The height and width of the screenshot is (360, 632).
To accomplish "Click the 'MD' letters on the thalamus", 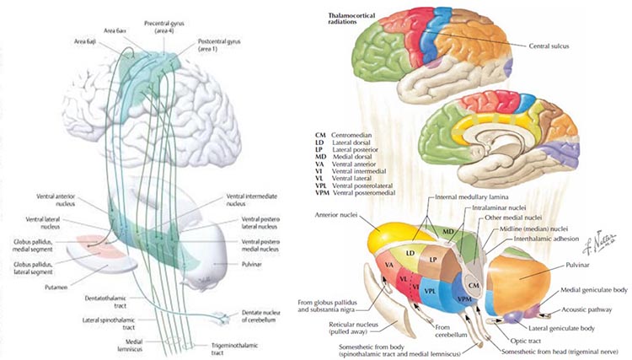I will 448,229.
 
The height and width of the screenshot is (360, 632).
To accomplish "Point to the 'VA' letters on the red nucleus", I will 390,265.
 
